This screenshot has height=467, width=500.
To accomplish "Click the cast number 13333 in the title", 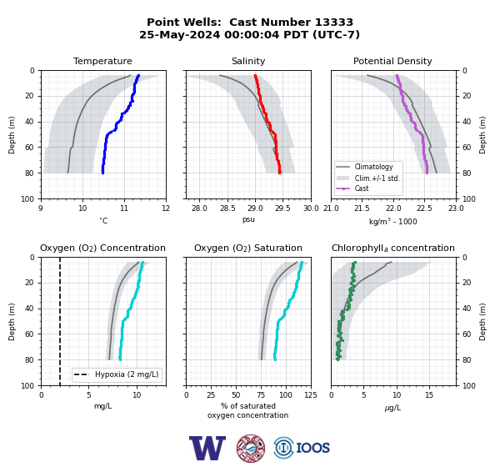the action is click(334, 22).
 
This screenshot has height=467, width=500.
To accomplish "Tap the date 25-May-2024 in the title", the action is click(179, 34).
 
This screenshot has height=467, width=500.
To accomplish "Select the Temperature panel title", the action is click(102, 61).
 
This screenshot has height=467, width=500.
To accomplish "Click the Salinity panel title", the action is click(248, 61).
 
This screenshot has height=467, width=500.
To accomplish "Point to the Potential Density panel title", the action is click(392, 61).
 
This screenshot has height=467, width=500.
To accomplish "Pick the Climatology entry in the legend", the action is click(373, 167).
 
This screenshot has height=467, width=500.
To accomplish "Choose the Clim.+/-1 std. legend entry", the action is click(377, 178).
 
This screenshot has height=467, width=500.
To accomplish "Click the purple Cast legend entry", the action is click(362, 188).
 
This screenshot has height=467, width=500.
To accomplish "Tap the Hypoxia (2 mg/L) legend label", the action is click(127, 374).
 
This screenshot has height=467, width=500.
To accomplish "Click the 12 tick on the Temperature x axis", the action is click(166, 208).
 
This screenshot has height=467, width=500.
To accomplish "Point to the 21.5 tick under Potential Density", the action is click(362, 208).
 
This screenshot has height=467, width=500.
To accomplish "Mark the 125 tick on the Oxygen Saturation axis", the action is click(311, 395).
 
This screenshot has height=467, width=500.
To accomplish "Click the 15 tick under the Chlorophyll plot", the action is click(429, 395).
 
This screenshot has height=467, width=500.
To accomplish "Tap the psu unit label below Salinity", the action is click(248, 219).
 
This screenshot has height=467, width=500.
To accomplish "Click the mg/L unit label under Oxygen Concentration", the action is click(102, 406).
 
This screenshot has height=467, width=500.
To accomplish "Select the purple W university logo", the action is click(207, 448).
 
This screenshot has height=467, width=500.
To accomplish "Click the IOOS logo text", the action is click(312, 448).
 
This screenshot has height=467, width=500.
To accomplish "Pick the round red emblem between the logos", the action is click(251, 448).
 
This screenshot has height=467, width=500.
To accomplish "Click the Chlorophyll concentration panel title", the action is click(393, 248).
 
